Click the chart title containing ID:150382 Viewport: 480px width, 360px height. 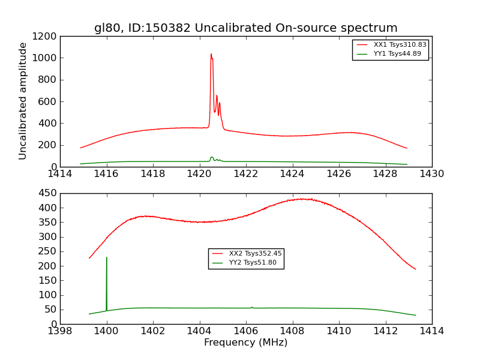pyautogui.click(x=245, y=28)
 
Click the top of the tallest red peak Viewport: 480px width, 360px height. pyautogui.click(x=211, y=54)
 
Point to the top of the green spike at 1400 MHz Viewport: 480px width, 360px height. pyautogui.click(x=107, y=257)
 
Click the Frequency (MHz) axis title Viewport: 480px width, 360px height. pyautogui.click(x=245, y=343)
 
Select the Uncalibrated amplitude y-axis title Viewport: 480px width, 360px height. pyautogui.click(x=23, y=101)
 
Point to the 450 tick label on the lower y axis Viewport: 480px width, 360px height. pyautogui.click(x=48, y=193)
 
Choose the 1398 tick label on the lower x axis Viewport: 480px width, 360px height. pyautogui.click(x=61, y=331)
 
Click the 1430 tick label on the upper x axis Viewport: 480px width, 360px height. pyautogui.click(x=431, y=173)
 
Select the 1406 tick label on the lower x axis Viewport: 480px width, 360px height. pyautogui.click(x=246, y=331)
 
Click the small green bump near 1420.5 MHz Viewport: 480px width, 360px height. pyautogui.click(x=211, y=157)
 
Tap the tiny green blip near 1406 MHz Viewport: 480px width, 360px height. pyautogui.click(x=252, y=307)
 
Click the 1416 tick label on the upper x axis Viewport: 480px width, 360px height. pyautogui.click(x=107, y=173)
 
